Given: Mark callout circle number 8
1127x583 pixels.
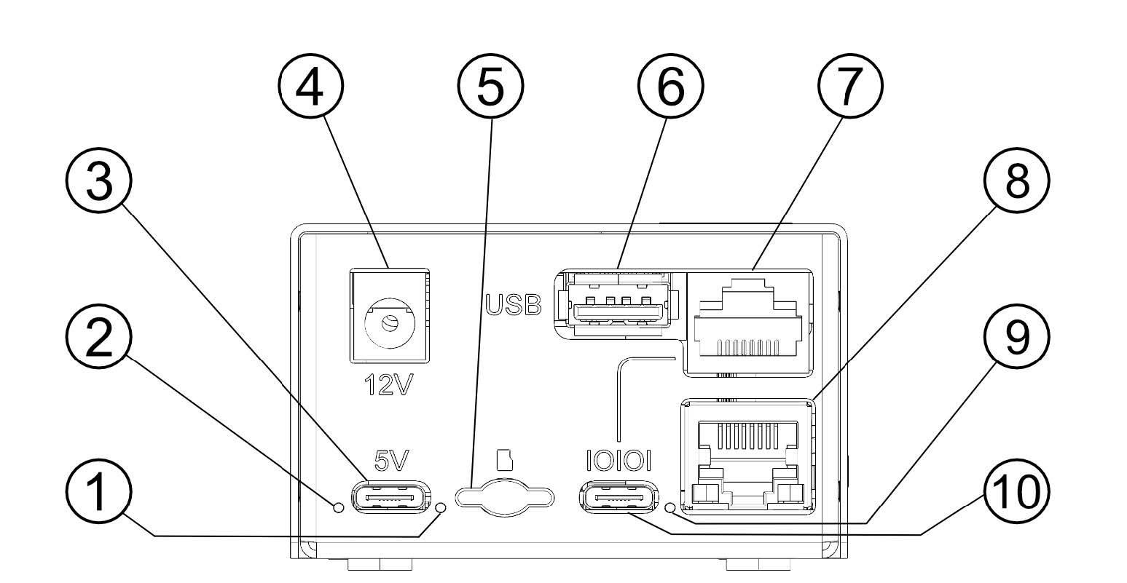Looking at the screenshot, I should coord(1017,182).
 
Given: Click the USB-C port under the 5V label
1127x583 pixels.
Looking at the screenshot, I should coord(389,498).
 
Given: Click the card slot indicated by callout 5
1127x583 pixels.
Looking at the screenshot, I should coord(503,496).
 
